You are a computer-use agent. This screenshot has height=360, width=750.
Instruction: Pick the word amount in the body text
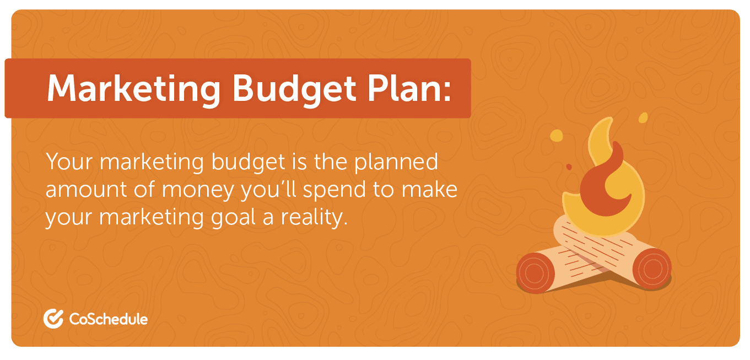82,190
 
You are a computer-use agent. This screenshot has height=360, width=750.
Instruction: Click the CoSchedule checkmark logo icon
53,319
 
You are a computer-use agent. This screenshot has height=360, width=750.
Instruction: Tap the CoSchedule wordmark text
109,319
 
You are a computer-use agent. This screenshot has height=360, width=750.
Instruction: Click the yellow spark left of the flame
557,135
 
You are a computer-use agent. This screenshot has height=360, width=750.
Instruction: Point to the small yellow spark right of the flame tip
642,117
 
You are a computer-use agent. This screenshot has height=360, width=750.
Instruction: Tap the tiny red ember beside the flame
569,166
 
